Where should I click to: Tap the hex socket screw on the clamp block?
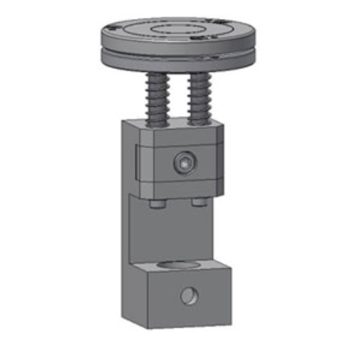[x=185, y=164]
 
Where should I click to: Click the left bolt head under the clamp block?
[x=157, y=204]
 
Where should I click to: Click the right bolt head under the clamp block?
[x=198, y=204]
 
